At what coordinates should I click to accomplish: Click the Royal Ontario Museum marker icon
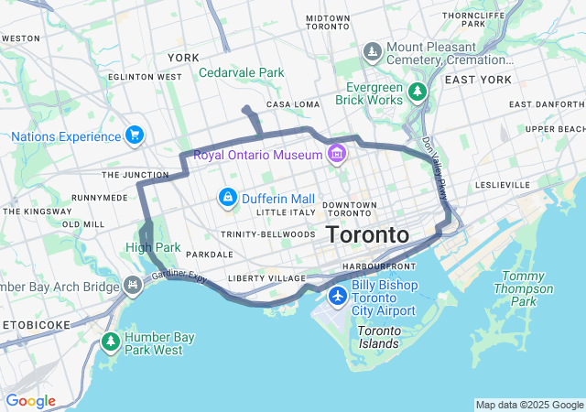337,153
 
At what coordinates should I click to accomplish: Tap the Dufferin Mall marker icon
227,197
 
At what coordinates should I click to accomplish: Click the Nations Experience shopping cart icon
136,136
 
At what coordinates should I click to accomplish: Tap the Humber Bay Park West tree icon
111,342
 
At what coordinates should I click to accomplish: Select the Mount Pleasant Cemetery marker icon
373,49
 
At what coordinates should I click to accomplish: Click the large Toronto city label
367,234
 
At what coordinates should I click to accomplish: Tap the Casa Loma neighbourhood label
292,104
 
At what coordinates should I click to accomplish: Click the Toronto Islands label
378,337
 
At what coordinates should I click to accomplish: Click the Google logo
30,401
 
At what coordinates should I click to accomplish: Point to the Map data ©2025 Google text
529,405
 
